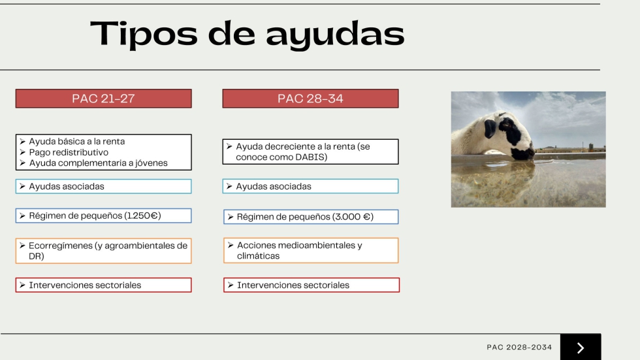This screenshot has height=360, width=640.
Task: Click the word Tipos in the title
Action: click(144, 34)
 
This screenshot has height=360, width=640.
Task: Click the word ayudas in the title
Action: click(335, 34)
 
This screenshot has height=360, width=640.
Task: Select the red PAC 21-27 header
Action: click(104, 99)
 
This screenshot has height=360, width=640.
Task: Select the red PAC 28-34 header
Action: click(311, 99)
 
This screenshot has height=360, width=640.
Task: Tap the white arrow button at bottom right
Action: click(581, 348)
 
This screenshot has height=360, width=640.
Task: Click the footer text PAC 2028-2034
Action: click(519, 348)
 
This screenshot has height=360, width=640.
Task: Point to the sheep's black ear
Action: click(490, 129)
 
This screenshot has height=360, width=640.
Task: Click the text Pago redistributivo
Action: click(69, 152)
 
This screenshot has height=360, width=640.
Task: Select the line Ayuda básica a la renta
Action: click(77, 141)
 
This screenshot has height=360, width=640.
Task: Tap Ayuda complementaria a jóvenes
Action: click(99, 163)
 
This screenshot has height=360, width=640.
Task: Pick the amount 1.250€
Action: click(143, 216)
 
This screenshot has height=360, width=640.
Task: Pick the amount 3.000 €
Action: click(353, 217)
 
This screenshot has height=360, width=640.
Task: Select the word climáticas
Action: click(259, 256)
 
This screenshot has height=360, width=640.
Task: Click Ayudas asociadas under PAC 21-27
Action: click(67, 186)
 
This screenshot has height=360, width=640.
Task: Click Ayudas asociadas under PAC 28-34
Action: click(274, 186)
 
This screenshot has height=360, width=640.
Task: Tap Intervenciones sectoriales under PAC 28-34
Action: click(293, 285)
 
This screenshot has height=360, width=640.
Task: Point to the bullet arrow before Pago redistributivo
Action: click(22, 152)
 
